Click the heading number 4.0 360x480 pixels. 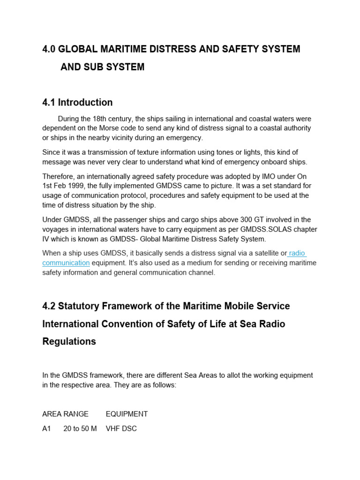[49, 49]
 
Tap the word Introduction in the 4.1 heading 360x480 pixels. [85, 102]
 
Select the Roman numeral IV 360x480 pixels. [46, 239]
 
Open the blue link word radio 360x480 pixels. [297, 254]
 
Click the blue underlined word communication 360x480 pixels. [66, 263]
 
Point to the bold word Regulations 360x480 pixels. [69, 341]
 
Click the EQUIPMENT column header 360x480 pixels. [127, 414]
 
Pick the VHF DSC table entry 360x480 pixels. [121, 428]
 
